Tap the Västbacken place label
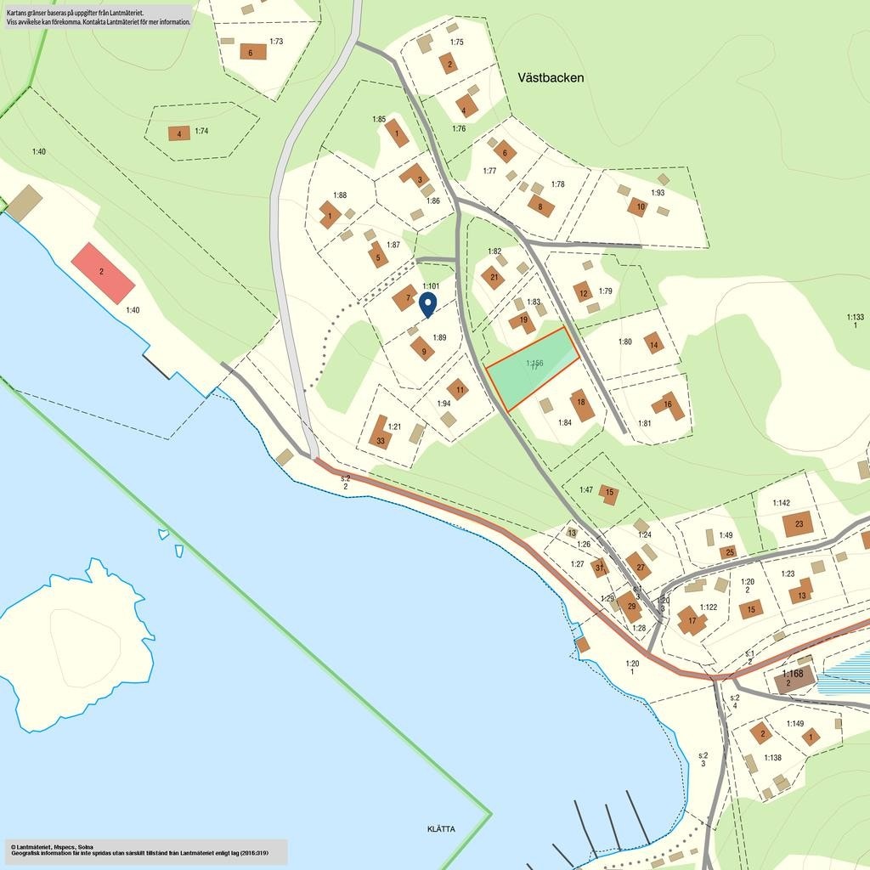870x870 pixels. [551, 77]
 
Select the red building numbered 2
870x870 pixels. [103, 272]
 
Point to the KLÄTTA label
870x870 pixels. [441, 829]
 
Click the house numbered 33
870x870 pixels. [380, 438]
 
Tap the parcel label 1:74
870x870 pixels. [201, 131]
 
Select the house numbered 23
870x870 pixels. [798, 524]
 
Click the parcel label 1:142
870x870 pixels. [781, 503]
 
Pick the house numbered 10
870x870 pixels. [638, 206]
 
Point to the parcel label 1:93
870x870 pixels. [658, 193]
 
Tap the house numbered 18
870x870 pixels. [582, 405]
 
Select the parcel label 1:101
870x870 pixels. [430, 286]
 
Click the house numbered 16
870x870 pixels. [669, 406]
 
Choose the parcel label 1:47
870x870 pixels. [586, 490]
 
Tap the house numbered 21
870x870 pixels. [492, 276]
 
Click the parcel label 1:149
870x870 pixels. [794, 724]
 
